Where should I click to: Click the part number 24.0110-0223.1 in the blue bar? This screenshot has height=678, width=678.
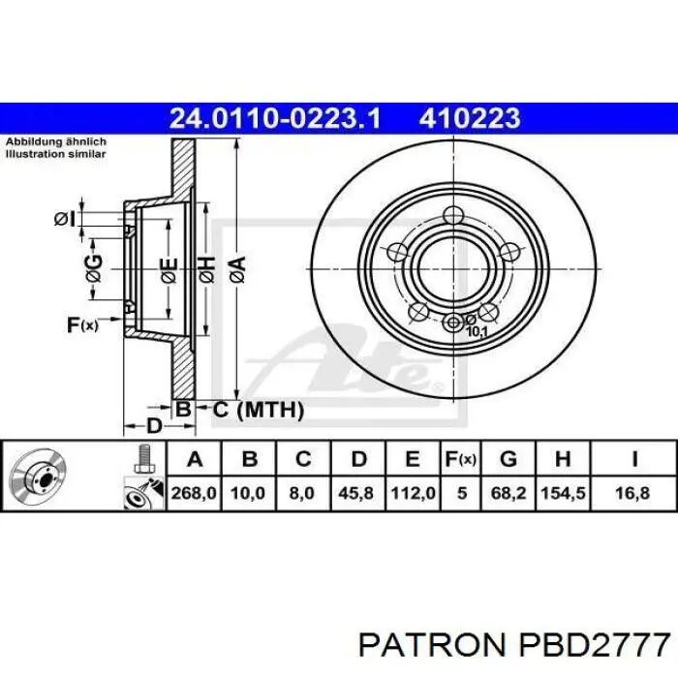[x=275, y=118]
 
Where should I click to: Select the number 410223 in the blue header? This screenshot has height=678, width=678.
[x=470, y=118]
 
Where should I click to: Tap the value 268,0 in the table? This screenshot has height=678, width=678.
[x=194, y=493]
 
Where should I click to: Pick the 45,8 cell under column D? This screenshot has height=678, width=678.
[x=355, y=493]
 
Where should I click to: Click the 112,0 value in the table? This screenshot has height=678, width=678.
[x=413, y=493]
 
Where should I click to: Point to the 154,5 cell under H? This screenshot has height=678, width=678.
[x=563, y=493]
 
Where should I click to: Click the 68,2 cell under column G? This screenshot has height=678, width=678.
[x=508, y=493]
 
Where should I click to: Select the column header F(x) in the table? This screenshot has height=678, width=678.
[x=461, y=459]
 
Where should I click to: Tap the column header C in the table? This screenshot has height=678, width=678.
[x=303, y=459]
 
